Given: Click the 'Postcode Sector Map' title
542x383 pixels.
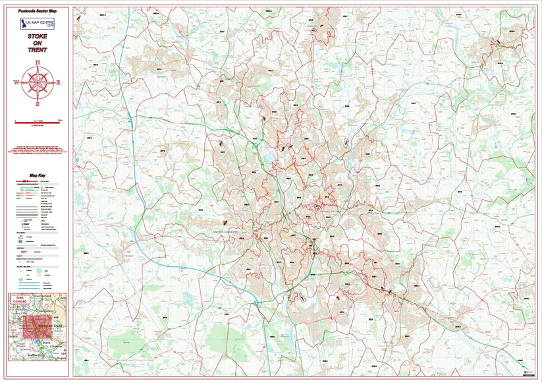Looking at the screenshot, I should [38, 11].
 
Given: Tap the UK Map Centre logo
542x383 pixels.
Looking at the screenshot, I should [38, 24].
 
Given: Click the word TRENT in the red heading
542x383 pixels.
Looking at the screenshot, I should [38, 50].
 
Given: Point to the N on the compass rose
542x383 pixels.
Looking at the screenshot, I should [38, 62].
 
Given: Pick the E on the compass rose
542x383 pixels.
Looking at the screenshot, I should [58, 83].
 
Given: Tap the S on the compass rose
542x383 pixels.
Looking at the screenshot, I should [38, 103].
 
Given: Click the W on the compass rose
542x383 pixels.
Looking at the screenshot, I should [15, 83].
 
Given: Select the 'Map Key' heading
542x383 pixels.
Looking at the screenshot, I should [38, 175].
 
